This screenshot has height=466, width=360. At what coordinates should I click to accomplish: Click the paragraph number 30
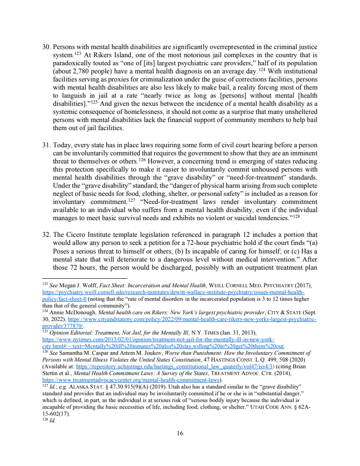(x=45, y=47)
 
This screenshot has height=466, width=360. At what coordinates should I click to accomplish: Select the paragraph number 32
(x=45, y=235)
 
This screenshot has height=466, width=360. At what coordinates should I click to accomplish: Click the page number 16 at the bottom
(x=180, y=434)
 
